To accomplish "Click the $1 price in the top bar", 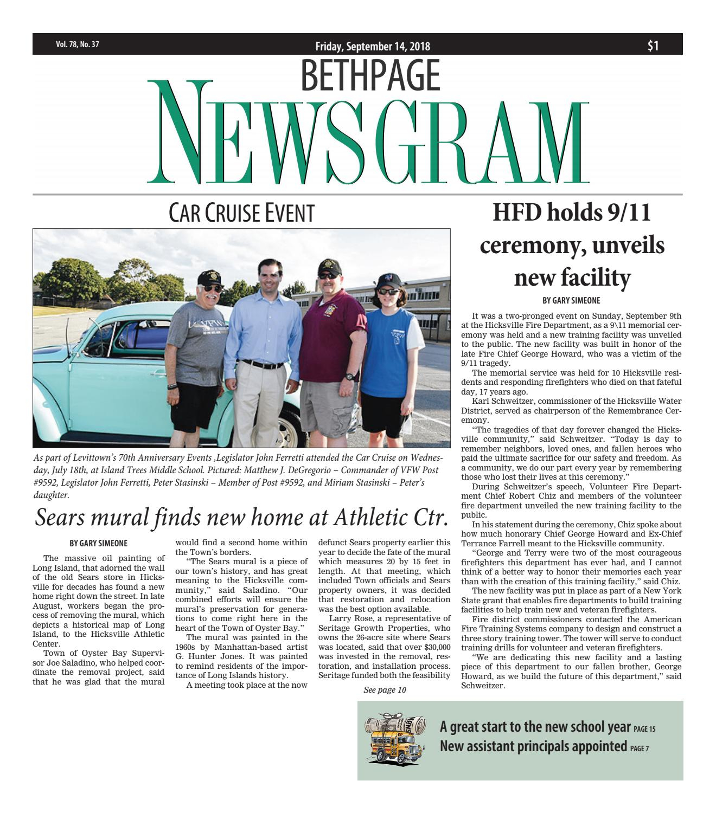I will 653,46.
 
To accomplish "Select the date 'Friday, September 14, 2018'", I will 373,47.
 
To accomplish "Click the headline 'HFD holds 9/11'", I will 571,213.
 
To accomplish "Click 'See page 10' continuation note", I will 385,690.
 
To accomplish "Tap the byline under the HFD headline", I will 572,300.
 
